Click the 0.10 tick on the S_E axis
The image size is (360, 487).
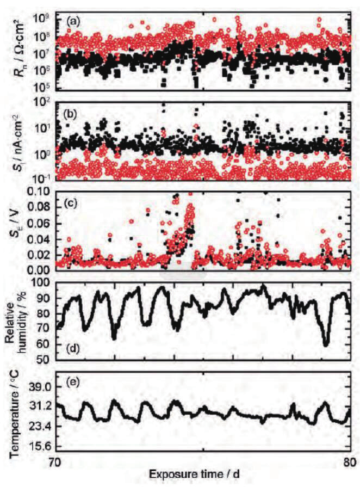tap(41, 192)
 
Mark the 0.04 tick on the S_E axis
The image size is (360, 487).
tap(41, 238)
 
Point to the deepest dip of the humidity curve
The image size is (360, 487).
tap(325, 344)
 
